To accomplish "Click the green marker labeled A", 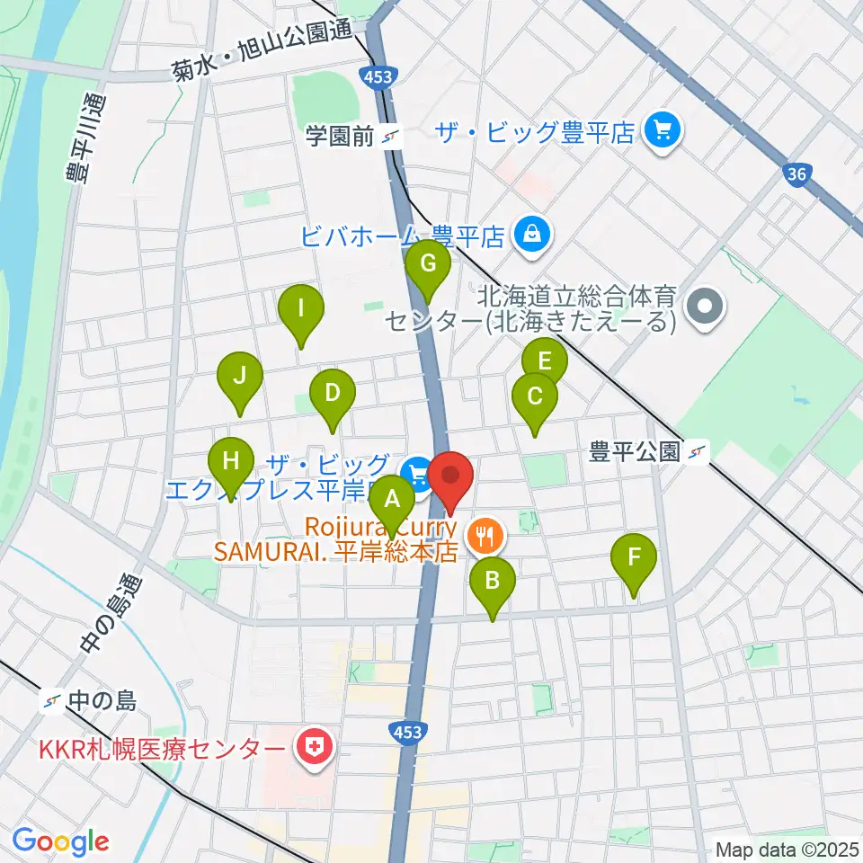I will click(390, 497).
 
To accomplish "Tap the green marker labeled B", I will click(492, 580).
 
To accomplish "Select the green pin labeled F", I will click(634, 557).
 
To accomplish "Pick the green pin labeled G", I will click(427, 264).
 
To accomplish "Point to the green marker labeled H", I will click(231, 462).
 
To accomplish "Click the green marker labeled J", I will click(239, 376).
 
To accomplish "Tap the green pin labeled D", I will click(333, 393).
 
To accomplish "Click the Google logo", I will click(60, 841).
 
